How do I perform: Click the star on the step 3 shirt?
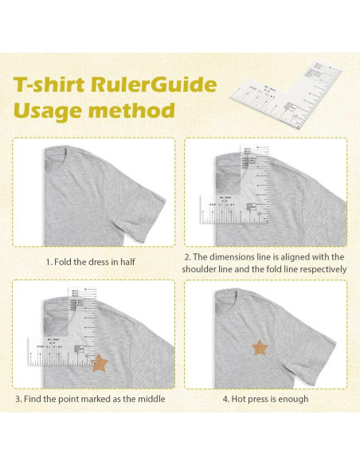[x=100, y=363]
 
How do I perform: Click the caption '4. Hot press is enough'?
[x=266, y=399]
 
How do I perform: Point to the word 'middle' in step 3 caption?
[x=151, y=399]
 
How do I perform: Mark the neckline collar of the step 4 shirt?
[x=239, y=291]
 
